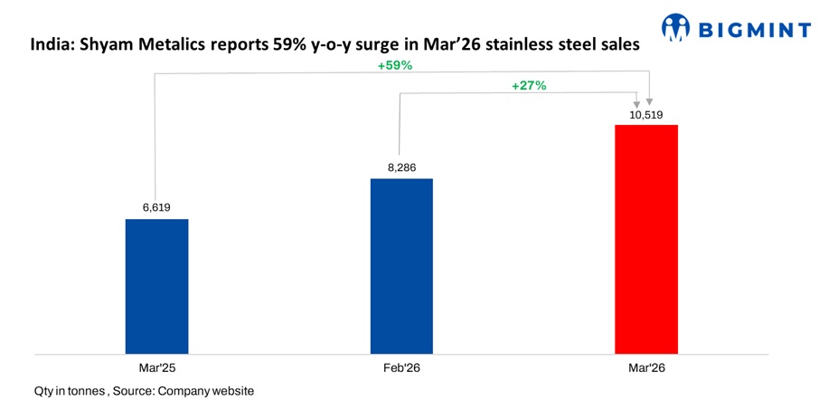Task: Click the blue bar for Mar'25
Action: pos(156,285)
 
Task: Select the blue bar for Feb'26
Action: pos(401,265)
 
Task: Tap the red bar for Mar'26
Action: pos(645,238)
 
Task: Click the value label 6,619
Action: pos(156,207)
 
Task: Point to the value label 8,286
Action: pos(401,167)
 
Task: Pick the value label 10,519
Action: pos(645,113)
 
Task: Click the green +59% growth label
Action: pos(395,66)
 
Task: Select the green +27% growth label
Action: pos(529,85)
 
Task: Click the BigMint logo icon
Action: pos(675,28)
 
